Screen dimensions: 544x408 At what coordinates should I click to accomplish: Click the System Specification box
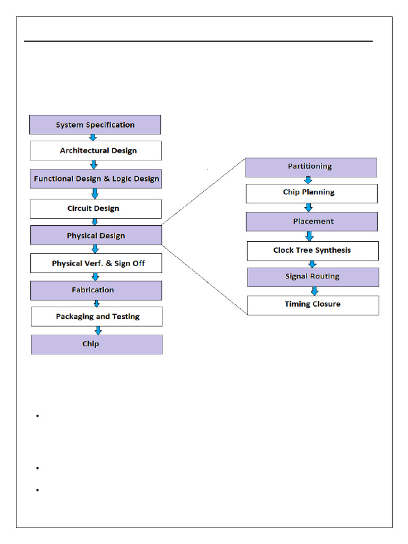click(x=95, y=125)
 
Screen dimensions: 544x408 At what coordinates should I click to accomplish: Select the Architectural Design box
click(x=96, y=150)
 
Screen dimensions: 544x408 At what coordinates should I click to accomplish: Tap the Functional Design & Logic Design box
click(x=96, y=179)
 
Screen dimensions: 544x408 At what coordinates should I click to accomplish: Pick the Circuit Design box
click(x=96, y=208)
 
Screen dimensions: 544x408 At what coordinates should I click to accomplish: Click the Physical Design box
click(x=96, y=235)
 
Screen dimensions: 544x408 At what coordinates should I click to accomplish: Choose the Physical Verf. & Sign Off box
click(x=96, y=263)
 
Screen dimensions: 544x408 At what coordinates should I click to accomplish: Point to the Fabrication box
click(x=96, y=290)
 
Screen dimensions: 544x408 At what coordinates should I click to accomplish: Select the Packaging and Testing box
click(x=97, y=316)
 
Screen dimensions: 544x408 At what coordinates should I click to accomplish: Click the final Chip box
click(x=97, y=344)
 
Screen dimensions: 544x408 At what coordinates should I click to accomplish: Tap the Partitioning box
click(x=311, y=167)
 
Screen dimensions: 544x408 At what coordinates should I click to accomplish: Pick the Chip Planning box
click(x=311, y=193)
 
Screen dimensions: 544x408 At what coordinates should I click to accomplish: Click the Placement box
click(x=311, y=221)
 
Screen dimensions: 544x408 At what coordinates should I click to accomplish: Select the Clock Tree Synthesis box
click(x=312, y=250)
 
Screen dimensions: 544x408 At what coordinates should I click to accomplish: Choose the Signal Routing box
click(x=313, y=277)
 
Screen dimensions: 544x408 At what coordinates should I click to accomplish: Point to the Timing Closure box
click(x=313, y=305)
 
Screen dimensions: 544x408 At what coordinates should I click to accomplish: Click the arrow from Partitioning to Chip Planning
click(x=308, y=181)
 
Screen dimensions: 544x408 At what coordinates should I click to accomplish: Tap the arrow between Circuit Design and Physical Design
click(x=95, y=222)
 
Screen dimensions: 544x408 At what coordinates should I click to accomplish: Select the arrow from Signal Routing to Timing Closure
click(x=314, y=291)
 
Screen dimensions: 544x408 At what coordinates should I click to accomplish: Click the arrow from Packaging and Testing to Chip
click(x=98, y=330)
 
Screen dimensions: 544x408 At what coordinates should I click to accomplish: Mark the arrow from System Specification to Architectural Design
click(x=93, y=138)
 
